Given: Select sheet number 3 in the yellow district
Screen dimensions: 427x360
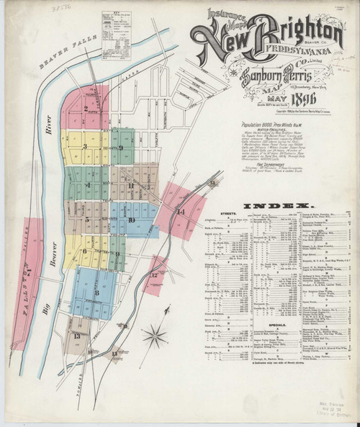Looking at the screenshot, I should point(85,148).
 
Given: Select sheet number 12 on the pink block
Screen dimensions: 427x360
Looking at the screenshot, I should point(154,276).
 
